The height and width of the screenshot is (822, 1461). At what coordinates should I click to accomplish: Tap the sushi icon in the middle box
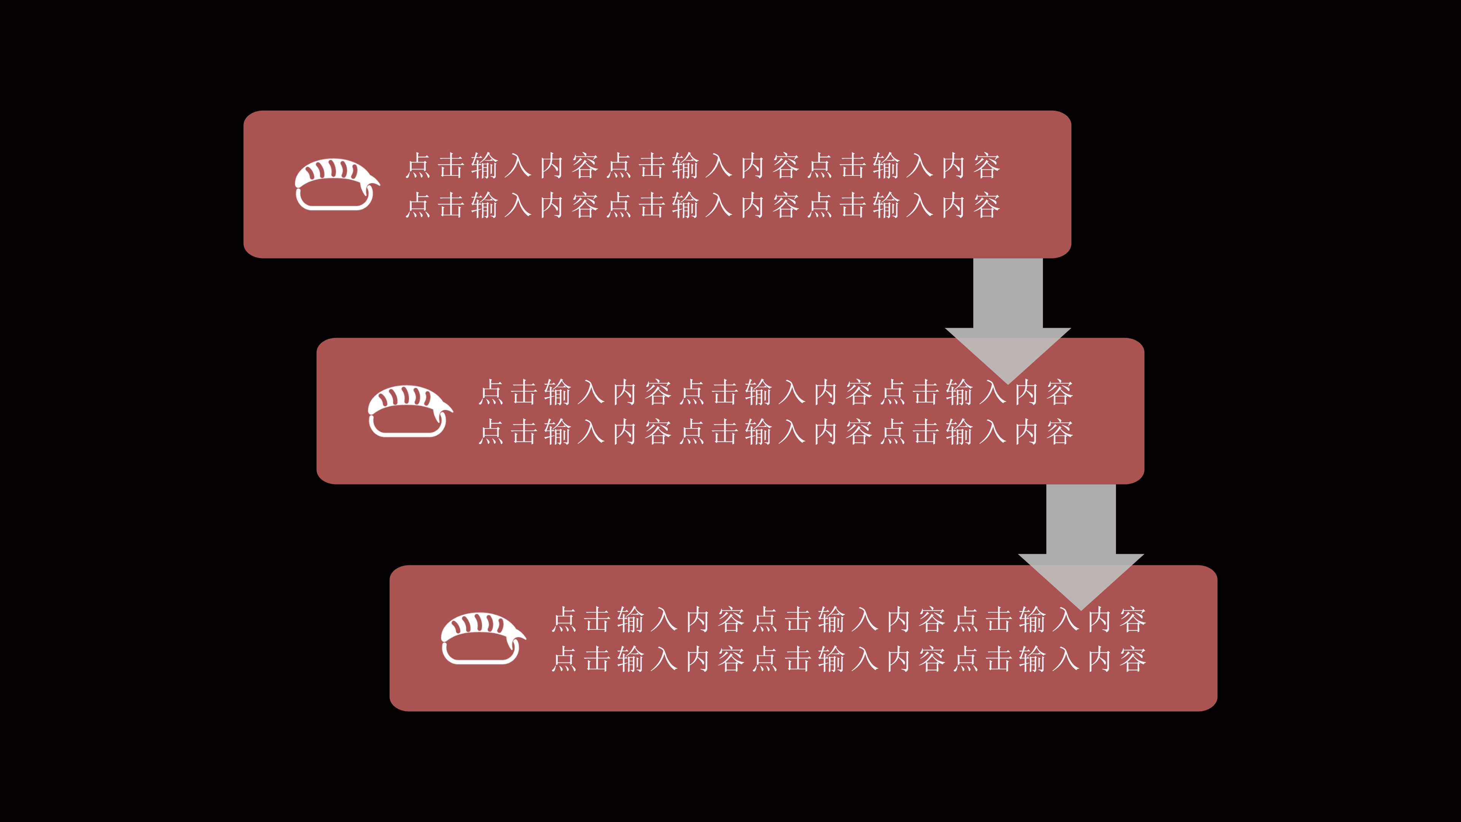click(409, 411)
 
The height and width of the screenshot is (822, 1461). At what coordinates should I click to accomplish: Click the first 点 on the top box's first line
click(419, 166)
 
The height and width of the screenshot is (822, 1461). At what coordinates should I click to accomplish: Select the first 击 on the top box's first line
click(452, 166)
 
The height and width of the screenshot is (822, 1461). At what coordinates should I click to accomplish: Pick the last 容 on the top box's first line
click(987, 166)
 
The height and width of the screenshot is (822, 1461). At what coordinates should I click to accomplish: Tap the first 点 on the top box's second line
click(419, 205)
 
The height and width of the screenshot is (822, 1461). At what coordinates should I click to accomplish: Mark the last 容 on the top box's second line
click(987, 205)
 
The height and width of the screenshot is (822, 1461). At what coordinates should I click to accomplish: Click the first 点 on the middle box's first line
click(492, 393)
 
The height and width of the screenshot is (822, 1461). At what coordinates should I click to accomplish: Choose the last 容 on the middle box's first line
click(1060, 393)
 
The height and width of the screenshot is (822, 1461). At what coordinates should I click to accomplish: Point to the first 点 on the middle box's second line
click(492, 432)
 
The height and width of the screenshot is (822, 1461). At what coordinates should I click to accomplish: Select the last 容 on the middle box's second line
click(1060, 432)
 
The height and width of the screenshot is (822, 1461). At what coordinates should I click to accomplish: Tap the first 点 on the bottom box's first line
click(565, 620)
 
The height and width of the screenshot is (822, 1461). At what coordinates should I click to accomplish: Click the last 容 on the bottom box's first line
click(1133, 620)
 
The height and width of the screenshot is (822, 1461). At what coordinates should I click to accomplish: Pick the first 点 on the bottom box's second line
click(565, 659)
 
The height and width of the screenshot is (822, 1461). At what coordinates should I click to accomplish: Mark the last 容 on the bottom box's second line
click(1133, 659)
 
